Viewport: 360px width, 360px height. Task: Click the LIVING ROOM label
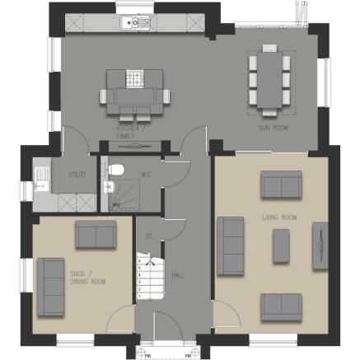click(x=279, y=217)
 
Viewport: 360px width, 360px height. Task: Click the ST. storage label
click(x=150, y=237)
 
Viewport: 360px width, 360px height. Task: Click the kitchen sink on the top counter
click(x=132, y=23)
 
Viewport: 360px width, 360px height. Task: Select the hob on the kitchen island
click(x=134, y=78)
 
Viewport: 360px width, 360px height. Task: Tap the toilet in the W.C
click(x=117, y=171)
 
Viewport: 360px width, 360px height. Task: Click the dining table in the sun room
click(x=269, y=78)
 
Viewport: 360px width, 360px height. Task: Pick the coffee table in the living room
click(x=282, y=245)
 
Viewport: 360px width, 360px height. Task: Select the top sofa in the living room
click(x=281, y=185)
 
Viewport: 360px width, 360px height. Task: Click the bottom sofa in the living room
click(x=281, y=306)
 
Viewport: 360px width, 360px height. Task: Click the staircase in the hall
click(x=147, y=279)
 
